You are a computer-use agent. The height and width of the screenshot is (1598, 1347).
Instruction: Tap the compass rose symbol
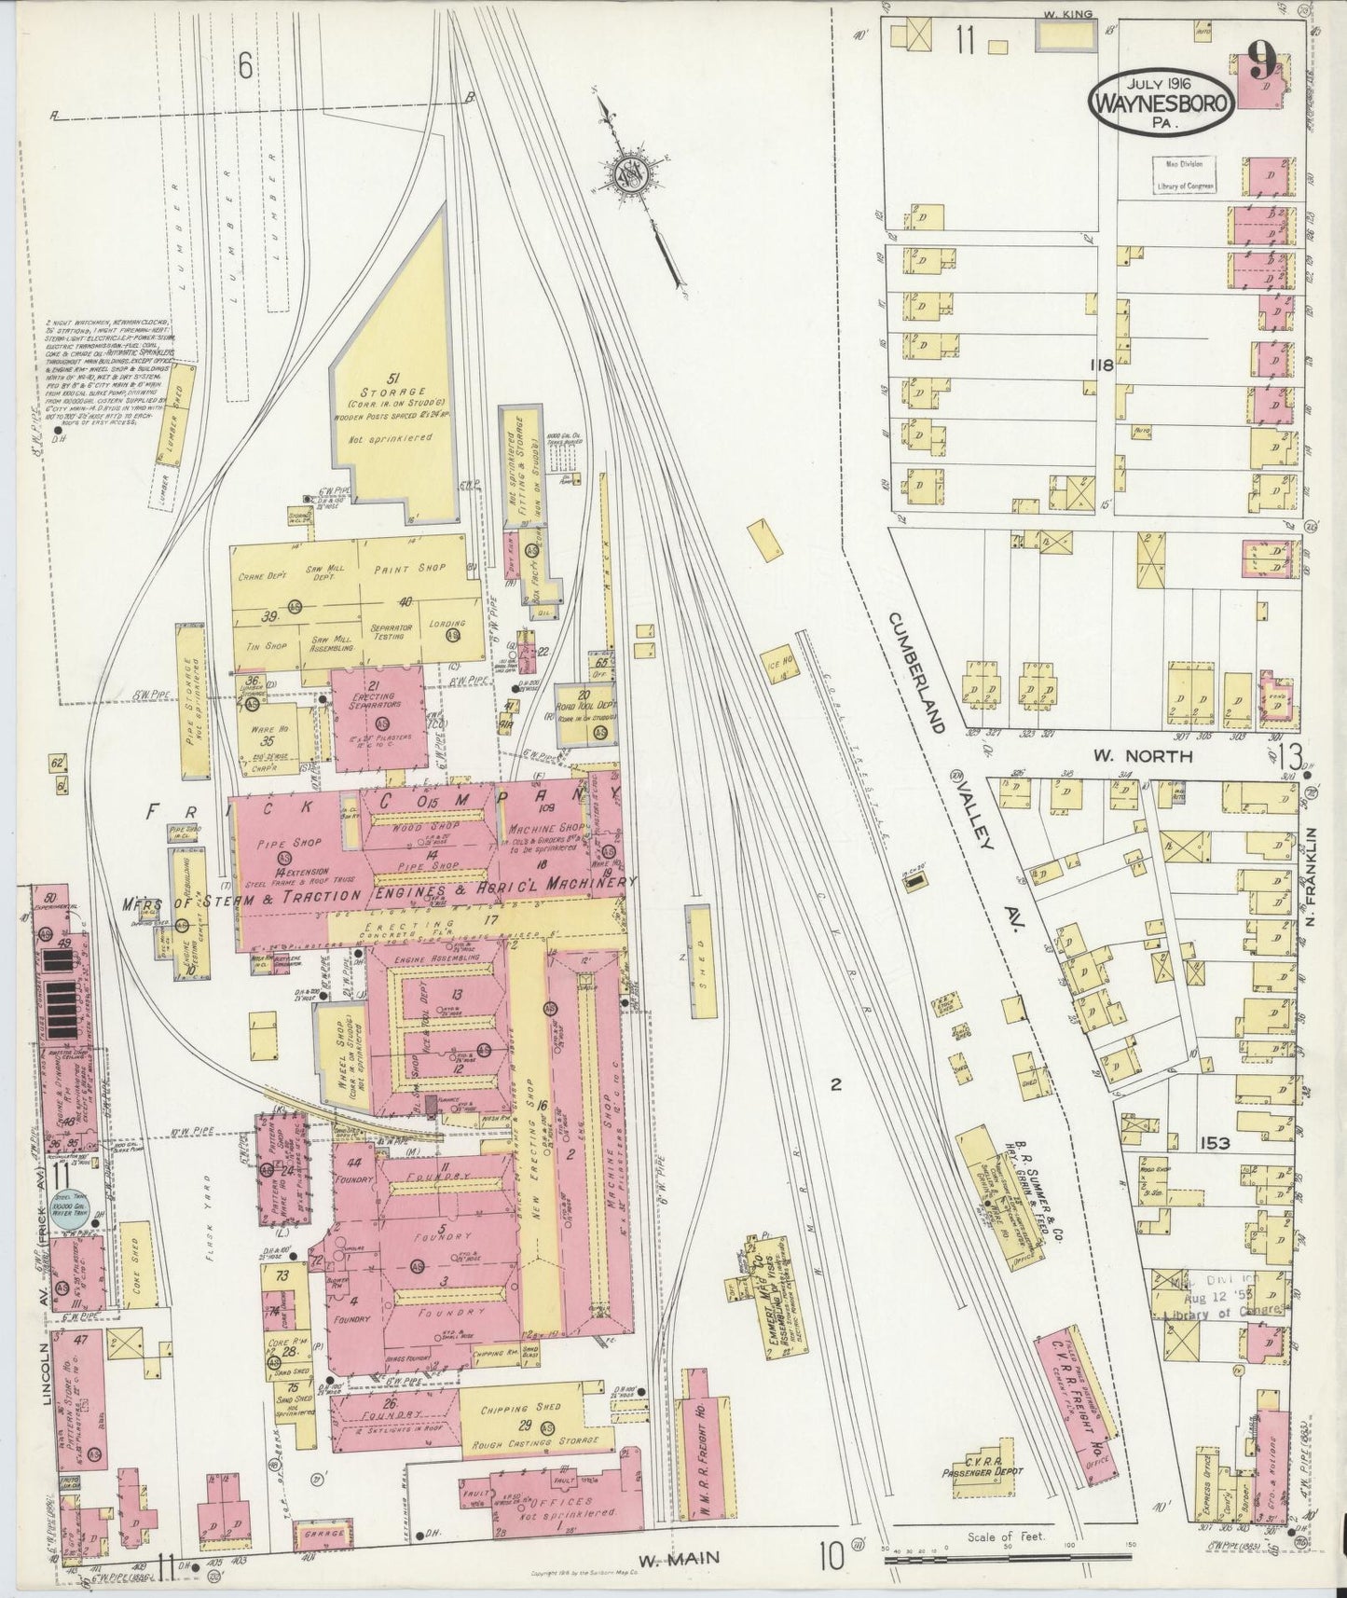pyautogui.click(x=629, y=173)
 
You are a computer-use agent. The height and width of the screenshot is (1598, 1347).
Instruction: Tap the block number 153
pyautogui.click(x=1215, y=1143)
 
